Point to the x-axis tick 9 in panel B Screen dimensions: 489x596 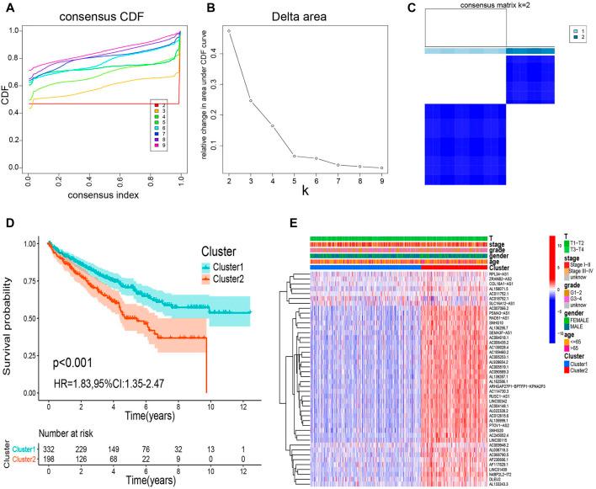coord(381,182)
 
